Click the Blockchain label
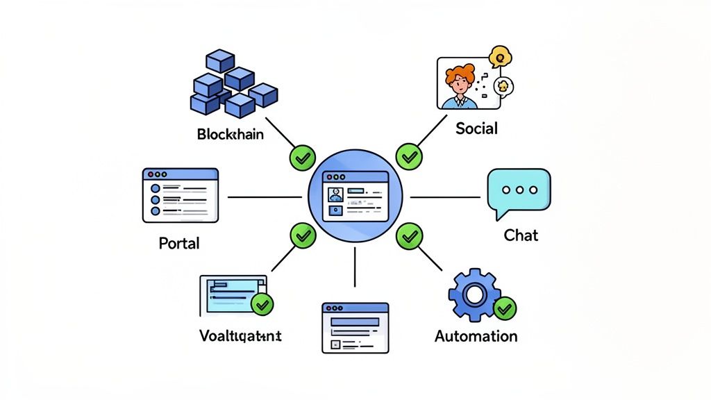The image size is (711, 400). (230, 134)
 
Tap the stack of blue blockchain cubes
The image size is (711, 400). (233, 83)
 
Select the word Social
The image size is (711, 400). (476, 128)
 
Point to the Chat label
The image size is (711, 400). (521, 235)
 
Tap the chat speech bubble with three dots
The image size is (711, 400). (519, 190)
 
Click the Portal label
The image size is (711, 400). (179, 243)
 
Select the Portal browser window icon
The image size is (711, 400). (181, 195)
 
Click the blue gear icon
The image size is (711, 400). (475, 295)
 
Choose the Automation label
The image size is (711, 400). (476, 336)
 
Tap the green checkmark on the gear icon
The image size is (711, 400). (505, 308)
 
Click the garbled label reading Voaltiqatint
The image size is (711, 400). (240, 336)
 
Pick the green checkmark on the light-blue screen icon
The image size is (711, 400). (262, 303)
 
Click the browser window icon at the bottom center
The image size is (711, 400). (355, 327)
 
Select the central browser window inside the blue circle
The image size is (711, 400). (355, 197)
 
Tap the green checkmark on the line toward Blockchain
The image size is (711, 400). (301, 158)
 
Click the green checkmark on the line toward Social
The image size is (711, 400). (409, 157)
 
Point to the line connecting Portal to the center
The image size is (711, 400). (264, 197)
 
